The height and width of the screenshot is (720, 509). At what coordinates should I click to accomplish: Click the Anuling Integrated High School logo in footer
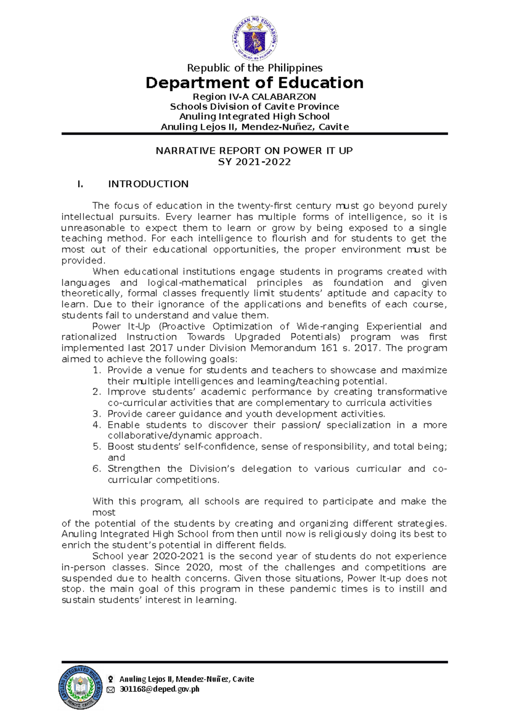(81, 687)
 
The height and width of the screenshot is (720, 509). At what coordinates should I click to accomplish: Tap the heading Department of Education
(255, 83)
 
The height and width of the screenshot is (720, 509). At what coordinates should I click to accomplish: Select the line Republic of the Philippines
(255, 68)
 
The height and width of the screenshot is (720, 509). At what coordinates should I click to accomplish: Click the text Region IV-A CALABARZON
(255, 97)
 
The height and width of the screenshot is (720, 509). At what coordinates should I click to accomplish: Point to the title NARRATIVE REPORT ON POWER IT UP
(254, 151)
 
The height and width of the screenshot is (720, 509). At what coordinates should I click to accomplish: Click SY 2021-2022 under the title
(254, 162)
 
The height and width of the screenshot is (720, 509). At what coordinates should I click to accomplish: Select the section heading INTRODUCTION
(148, 184)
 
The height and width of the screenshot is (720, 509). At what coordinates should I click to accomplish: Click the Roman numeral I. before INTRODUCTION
(80, 184)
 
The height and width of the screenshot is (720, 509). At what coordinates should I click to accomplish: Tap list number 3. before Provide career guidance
(97, 414)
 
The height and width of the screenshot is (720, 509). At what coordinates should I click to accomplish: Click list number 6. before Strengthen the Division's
(97, 469)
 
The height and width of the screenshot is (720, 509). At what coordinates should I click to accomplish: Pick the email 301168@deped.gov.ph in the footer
(159, 689)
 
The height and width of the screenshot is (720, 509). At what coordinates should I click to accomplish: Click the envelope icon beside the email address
(111, 690)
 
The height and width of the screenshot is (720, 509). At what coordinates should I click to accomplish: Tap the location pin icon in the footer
(111, 679)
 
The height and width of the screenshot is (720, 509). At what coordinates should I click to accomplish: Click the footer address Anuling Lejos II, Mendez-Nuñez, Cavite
(187, 679)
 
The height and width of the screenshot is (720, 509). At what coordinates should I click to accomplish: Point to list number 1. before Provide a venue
(97, 370)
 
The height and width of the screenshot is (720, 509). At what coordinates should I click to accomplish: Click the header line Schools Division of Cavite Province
(255, 106)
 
